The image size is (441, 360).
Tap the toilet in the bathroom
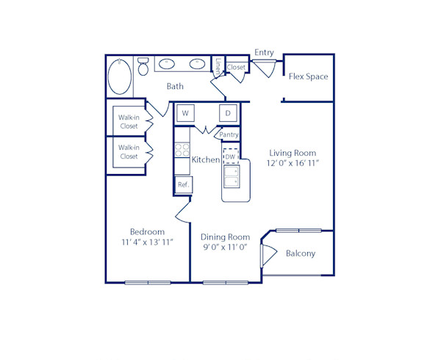pos(143,67)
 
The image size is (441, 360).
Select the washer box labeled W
pos(185,113)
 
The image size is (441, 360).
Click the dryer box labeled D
pos(228,113)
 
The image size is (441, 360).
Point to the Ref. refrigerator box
pos(183,184)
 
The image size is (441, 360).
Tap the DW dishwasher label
pos(230,157)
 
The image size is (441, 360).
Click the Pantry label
pos(229,134)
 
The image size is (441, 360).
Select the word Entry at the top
pos(264,52)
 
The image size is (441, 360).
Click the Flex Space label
pos(308,76)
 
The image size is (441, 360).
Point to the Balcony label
pos(300,253)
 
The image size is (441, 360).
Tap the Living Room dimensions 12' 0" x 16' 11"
pos(292,163)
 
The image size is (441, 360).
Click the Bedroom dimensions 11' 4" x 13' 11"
pos(147,242)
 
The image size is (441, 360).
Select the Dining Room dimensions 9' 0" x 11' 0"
pos(225,248)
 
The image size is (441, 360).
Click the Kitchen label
pos(205,159)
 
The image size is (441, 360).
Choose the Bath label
pos(175,87)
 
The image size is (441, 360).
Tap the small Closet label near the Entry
pos(236,68)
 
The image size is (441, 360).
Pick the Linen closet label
pos(218,65)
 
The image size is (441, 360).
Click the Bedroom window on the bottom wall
pos(148,282)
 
